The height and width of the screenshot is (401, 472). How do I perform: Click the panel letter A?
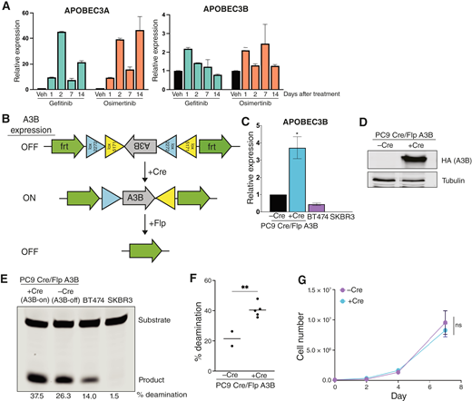coord(7,8)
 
